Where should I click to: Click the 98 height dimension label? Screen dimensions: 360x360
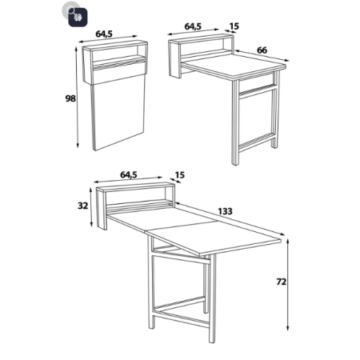coord(70,98)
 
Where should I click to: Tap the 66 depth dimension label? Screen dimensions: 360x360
coord(262,50)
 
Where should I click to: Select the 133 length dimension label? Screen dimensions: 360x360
coord(226,211)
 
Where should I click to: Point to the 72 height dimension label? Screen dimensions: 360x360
coord(282,282)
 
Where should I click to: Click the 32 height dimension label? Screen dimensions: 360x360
coord(82,206)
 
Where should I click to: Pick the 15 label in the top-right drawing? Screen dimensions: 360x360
coord(234,26)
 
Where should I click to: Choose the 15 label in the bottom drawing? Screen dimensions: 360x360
coord(180,175)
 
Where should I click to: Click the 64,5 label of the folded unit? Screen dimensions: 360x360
coord(104,34)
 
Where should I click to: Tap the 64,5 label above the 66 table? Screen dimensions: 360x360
coord(193,26)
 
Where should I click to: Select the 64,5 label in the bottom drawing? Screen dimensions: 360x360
coord(129,175)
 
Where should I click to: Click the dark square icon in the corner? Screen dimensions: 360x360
coord(78,17)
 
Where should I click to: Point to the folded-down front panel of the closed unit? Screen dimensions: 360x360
coord(119,114)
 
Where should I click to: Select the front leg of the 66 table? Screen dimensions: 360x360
coord(235,122)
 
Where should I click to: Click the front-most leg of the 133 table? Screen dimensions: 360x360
coord(212,298)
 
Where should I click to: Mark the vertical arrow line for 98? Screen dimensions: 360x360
coord(77,98)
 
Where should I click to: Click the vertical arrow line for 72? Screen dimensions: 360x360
coord(288,285)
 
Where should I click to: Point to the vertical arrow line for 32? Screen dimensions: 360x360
coord(91,207)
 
